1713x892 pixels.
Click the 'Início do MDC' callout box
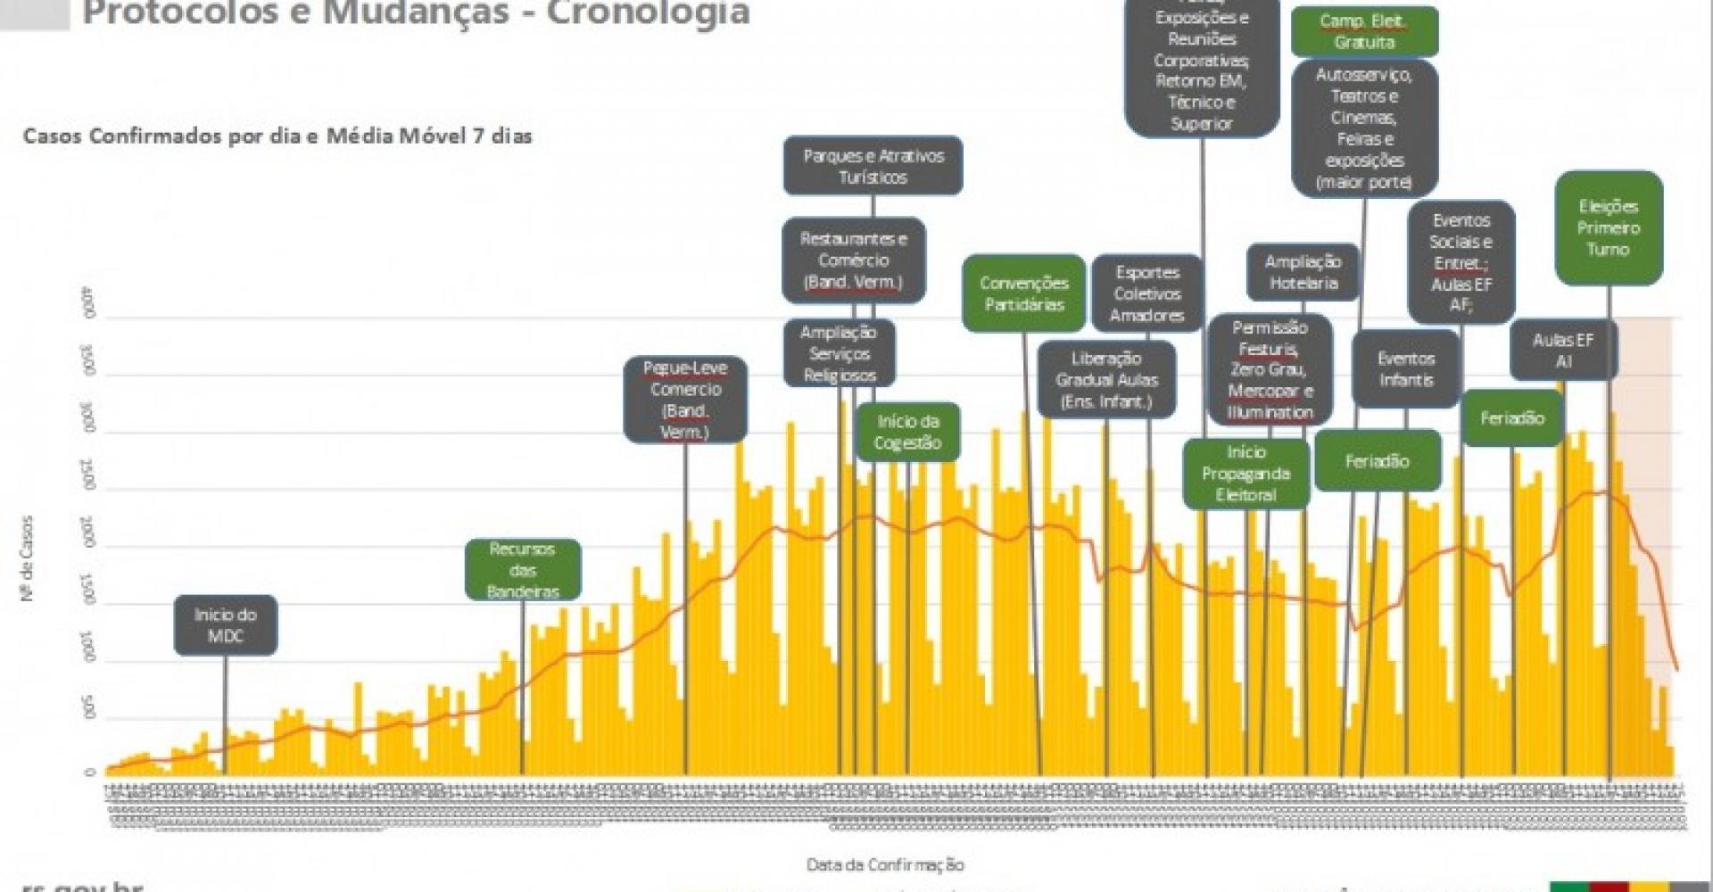point(225,625)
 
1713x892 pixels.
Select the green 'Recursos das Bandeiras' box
point(523,570)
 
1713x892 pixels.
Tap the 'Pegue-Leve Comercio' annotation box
point(685,400)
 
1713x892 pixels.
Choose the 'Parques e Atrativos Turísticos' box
point(873,166)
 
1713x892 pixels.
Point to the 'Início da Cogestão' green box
point(907,433)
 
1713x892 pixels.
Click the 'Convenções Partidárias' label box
point(1023,293)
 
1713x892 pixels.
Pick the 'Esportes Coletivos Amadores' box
point(1146,293)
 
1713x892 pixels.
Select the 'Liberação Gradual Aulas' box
point(1106,380)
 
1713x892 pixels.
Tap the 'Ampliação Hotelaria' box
point(1303,272)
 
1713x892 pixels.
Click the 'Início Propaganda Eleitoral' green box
point(1245,474)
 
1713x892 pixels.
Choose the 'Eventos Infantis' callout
point(1405,368)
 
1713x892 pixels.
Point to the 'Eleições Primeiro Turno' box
point(1608,228)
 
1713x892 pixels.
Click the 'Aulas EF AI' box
point(1562,351)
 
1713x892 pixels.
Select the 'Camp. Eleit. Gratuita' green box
point(1363,31)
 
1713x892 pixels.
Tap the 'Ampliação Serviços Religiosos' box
point(839,353)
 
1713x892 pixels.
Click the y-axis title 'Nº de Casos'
point(27,558)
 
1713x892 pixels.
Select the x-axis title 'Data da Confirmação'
point(885,864)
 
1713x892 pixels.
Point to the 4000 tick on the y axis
point(88,303)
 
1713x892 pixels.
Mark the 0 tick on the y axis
point(88,772)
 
